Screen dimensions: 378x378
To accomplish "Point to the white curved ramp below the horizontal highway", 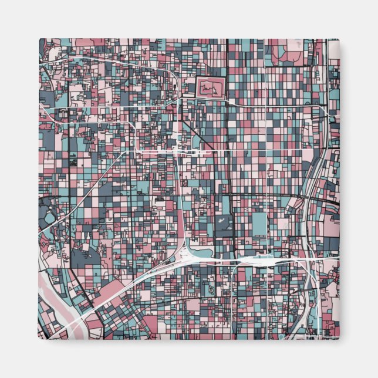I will [235, 276].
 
